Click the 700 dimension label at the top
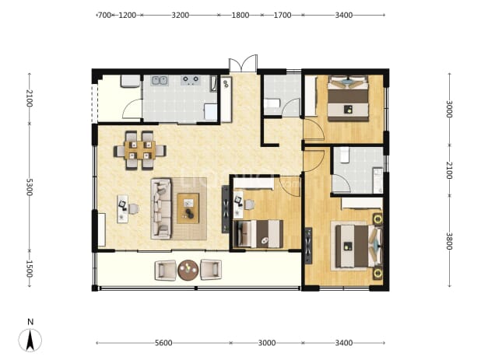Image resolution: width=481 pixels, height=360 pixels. coord(104,15)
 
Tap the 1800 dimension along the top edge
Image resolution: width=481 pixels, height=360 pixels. coord(240,15)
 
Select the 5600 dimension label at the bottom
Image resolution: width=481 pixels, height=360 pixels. coord(163,343)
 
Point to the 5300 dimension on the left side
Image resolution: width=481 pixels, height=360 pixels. coord(29,187)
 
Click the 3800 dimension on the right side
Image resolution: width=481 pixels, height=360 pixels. coord(449,241)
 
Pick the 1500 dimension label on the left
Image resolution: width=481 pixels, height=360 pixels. coord(29,269)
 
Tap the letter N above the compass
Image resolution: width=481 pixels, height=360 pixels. coord(30,322)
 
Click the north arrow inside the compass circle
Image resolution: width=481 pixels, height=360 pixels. coord(30,340)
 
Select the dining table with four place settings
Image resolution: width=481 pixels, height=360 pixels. coord(140,150)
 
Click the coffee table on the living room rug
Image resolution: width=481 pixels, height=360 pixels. coord(188,208)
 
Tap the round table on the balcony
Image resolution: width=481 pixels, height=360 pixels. coord(188,270)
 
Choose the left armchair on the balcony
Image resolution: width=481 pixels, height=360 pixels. coord(165,271)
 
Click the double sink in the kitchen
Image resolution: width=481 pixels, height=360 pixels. coord(160,81)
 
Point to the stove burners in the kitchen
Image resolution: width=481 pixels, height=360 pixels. coord(190,80)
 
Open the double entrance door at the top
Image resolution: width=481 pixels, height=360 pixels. coord(243,64)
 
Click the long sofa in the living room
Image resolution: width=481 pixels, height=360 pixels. coord(161,208)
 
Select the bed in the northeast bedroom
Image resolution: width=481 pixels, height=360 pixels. coord(348,98)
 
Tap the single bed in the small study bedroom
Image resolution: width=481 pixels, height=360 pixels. coord(258,234)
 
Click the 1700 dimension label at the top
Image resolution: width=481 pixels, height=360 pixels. coord(283,15)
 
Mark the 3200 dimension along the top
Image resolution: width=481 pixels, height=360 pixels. coord(180,15)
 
